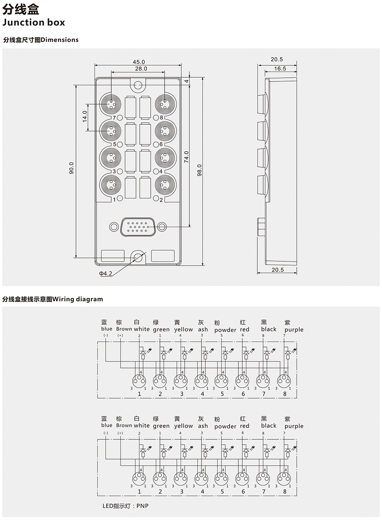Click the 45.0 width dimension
[139, 62]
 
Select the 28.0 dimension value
[141, 68]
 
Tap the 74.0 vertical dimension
[186, 157]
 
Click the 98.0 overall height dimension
[199, 170]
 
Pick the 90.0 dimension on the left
[71, 168]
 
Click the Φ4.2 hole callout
[105, 274]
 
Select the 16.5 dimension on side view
[280, 68]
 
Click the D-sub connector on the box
[138, 227]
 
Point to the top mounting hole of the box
[139, 86]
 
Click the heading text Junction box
[34, 22]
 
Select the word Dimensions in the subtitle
[60, 40]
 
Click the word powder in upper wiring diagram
[225, 330]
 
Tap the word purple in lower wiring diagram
[294, 426]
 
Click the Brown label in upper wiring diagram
[124, 329]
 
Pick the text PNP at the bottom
[143, 506]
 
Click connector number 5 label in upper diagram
[222, 394]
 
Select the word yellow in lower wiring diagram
[183, 426]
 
